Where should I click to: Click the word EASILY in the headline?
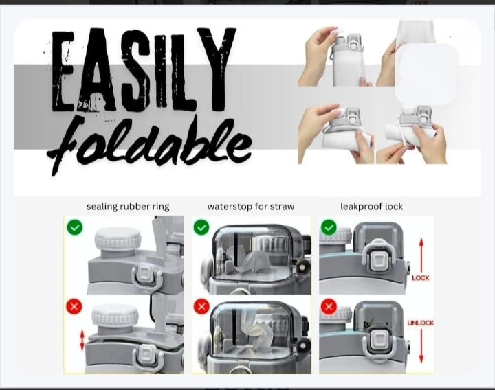[x=144, y=69]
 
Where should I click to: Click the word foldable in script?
[x=149, y=145]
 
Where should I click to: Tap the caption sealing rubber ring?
[x=128, y=207]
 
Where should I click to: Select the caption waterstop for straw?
[x=251, y=207]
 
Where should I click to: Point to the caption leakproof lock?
[x=371, y=207]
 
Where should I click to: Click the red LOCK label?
[x=421, y=278]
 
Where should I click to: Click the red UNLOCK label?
[x=421, y=323]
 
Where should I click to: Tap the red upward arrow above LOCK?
[x=421, y=255]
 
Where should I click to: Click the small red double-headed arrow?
[x=82, y=340]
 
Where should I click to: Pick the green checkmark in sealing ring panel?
[x=75, y=227]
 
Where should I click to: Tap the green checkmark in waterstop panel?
[x=201, y=227]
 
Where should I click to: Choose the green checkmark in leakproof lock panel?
[x=329, y=227]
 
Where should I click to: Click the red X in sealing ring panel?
[x=74, y=306]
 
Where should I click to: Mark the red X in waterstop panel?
[x=201, y=306]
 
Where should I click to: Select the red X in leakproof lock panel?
[x=329, y=306]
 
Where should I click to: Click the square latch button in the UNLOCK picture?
[x=379, y=339]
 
